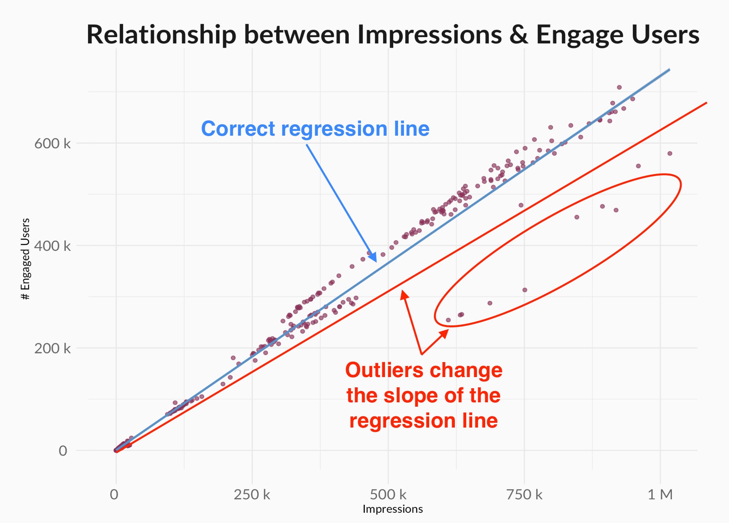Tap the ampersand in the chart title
click(x=518, y=35)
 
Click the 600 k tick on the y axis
click(x=52, y=144)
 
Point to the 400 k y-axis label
click(x=52, y=246)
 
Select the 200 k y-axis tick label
click(x=52, y=349)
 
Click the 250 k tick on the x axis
click(x=252, y=494)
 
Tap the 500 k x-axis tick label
click(x=388, y=494)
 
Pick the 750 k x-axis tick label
click(x=524, y=494)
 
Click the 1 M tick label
click(x=660, y=494)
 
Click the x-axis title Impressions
click(x=393, y=509)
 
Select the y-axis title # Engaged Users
click(x=25, y=259)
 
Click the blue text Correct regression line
click(x=315, y=129)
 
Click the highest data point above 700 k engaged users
click(x=619, y=87)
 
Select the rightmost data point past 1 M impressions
click(x=670, y=153)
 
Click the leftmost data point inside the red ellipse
click(x=448, y=320)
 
